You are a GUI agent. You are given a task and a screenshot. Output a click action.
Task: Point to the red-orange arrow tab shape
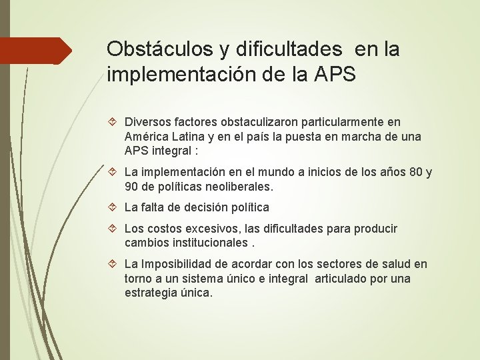pyautogui.click(x=36, y=51)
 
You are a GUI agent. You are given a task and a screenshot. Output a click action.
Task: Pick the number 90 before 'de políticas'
pyautogui.click(x=131, y=187)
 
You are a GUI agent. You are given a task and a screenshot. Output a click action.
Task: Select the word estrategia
pyautogui.click(x=149, y=293)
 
